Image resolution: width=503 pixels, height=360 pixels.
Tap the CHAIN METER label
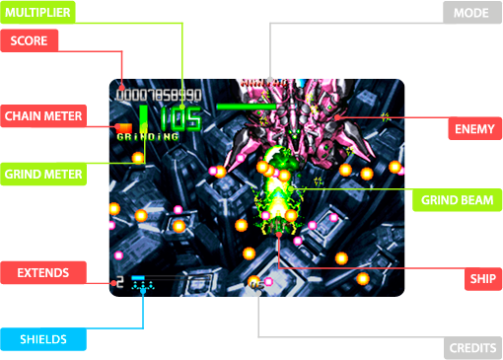[42, 115]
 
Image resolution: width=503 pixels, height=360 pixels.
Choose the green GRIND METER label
[42, 174]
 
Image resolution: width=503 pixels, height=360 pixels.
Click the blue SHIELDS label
[42, 339]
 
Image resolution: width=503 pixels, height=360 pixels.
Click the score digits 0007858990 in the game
[159, 96]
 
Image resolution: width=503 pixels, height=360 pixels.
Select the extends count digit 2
[119, 282]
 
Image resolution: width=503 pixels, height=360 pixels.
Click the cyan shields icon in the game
[144, 285]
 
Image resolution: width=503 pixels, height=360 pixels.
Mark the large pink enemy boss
[296, 118]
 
